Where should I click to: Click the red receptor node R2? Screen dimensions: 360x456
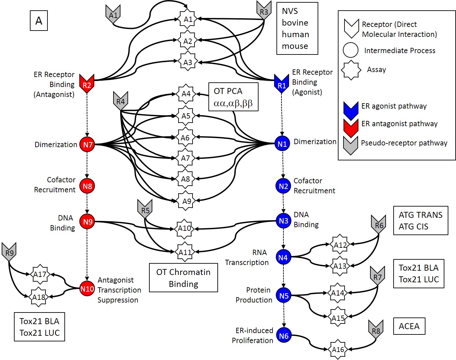click(87, 84)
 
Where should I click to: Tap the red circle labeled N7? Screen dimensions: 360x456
click(87, 144)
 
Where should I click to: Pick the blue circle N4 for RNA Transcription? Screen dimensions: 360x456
click(283, 257)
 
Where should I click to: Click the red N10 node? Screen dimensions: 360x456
click(87, 289)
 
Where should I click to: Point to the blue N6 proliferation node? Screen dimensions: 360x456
click(284, 336)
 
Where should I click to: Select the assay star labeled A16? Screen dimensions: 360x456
click(338, 349)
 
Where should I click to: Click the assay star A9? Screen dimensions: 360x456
click(187, 201)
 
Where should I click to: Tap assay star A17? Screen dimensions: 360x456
click(40, 274)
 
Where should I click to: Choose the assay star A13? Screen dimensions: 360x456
click(340, 266)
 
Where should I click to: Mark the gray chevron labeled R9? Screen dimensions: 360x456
click(9, 252)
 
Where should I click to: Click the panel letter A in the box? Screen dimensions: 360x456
click(39, 21)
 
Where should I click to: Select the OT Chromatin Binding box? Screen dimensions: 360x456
click(184, 278)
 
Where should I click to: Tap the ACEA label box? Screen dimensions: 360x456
click(409, 326)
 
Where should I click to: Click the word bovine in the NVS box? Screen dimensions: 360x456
click(295, 23)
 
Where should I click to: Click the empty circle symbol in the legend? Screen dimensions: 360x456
click(351, 50)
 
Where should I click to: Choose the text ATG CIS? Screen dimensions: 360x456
click(414, 226)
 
